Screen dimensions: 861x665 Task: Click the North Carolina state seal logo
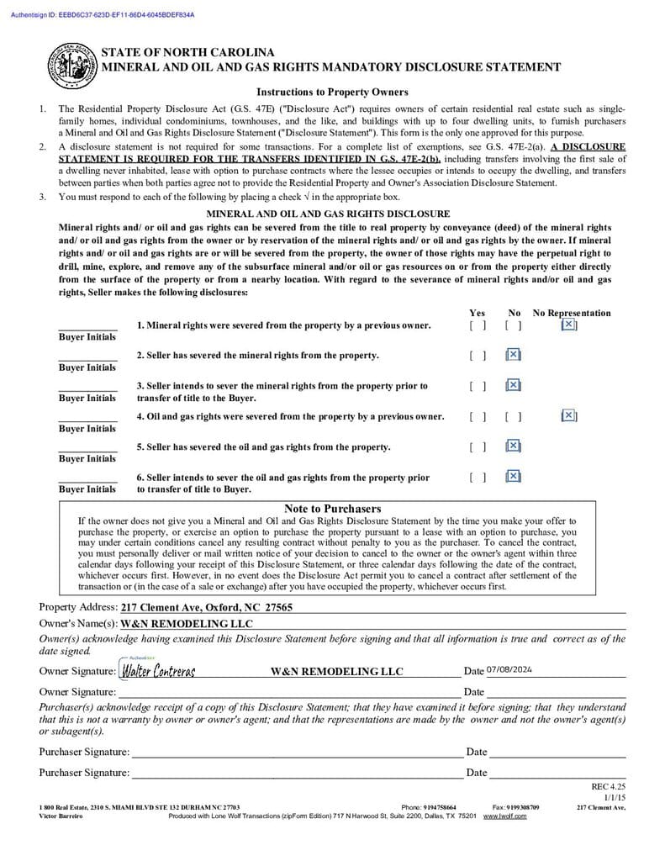point(71,66)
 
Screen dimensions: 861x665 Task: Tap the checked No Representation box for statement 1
point(568,325)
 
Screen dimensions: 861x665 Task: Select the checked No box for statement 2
point(513,355)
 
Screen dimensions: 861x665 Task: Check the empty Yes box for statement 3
point(478,386)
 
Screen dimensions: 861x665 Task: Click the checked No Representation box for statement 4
point(568,415)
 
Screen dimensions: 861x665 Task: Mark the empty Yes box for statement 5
point(478,446)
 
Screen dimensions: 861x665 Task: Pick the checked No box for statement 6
point(513,477)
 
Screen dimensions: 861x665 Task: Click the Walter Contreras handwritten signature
point(158,671)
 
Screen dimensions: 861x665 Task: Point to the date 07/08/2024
point(509,670)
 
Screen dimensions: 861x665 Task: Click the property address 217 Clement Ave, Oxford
point(206,607)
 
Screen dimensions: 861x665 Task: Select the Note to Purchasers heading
point(332,509)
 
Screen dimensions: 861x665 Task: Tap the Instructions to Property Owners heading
point(332,92)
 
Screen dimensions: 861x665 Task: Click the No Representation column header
point(572,313)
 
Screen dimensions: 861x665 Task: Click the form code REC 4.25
point(609,787)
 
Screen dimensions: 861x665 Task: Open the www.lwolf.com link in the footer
point(504,816)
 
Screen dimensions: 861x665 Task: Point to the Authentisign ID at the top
point(103,15)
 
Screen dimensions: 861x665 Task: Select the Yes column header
point(477,313)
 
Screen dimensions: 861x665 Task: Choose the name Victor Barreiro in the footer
point(61,816)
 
